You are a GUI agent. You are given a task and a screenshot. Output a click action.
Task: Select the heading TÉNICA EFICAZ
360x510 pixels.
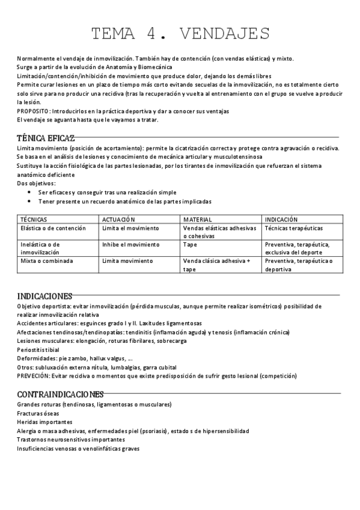pos(46,138)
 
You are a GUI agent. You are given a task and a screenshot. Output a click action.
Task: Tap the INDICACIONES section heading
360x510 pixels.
pos(45,296)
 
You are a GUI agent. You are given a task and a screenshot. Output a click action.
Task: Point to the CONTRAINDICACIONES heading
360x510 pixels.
pos(60,395)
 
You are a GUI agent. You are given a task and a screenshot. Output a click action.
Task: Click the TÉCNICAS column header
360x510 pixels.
pos(34,220)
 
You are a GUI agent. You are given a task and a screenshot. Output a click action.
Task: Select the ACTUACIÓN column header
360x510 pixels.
pos(118,220)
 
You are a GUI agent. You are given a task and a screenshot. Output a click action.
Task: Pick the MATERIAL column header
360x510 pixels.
pos(198,220)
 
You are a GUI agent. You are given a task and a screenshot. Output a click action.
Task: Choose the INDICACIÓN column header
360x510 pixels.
pos(281,220)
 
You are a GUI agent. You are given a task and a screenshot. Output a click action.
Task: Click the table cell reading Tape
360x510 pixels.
pos(190,245)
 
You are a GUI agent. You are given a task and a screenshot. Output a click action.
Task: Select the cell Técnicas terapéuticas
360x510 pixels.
pos(293,229)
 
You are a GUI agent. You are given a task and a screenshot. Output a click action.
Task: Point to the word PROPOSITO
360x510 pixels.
pos(32,111)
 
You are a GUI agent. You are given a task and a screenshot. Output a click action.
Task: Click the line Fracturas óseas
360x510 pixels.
pos(38,414)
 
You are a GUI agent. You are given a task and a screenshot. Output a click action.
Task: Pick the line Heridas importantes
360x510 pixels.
pos(42,422)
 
